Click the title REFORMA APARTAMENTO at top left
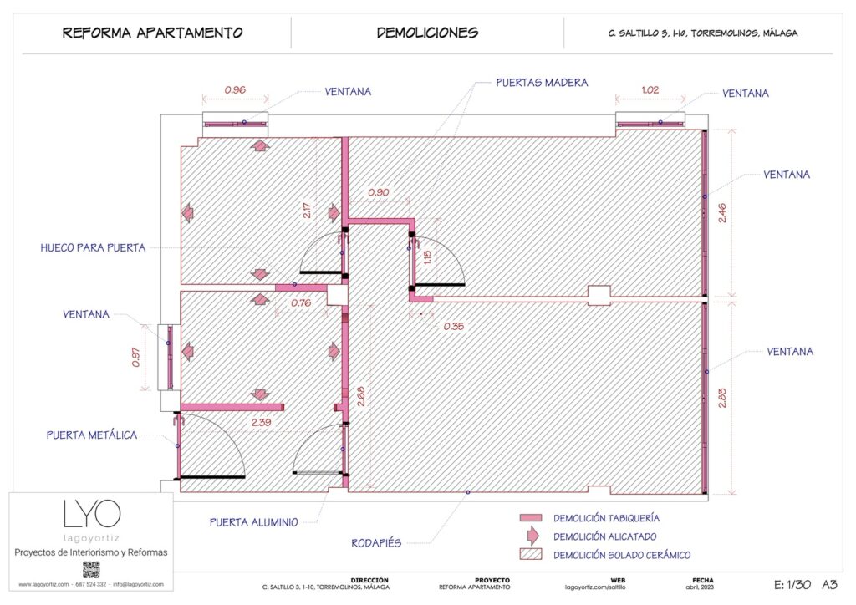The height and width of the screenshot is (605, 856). coord(152,33)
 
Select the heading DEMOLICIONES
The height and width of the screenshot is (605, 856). coord(427,33)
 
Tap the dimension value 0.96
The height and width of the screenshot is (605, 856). coord(235,89)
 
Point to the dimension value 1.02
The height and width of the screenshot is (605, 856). coord(650,89)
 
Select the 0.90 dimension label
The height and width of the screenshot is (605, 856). coord(379,193)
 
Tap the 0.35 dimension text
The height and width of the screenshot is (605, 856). coord(453,326)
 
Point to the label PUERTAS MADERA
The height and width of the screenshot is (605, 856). coord(542,83)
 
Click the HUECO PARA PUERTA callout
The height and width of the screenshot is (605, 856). coord(93,247)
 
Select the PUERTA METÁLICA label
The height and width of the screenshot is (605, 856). coord(92,435)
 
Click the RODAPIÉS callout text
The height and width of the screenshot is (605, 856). coord(376,543)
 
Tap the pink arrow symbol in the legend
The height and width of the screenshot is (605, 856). coord(531,536)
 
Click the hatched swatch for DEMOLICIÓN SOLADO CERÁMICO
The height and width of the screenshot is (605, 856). coord(531,554)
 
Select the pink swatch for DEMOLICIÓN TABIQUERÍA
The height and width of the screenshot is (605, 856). coord(531,518)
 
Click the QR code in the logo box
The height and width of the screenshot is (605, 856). coord(91,570)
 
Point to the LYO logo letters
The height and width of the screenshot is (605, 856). coord(92,513)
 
